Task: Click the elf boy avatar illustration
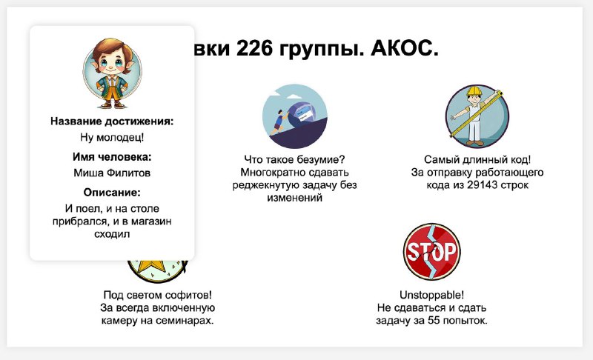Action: (113, 73)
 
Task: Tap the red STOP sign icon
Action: (432, 252)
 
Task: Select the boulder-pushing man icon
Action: (294, 116)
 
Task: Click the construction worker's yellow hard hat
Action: (474, 91)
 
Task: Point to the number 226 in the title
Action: (254, 48)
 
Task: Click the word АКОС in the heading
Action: (404, 48)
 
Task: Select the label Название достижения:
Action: (112, 121)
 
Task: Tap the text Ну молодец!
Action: (112, 137)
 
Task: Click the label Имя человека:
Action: (112, 157)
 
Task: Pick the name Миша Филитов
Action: (112, 173)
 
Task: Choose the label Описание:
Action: (112, 193)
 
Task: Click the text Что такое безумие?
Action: (294, 159)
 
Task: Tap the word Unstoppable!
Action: (431, 295)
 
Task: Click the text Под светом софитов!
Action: (157, 295)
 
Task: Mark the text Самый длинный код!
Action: (477, 159)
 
